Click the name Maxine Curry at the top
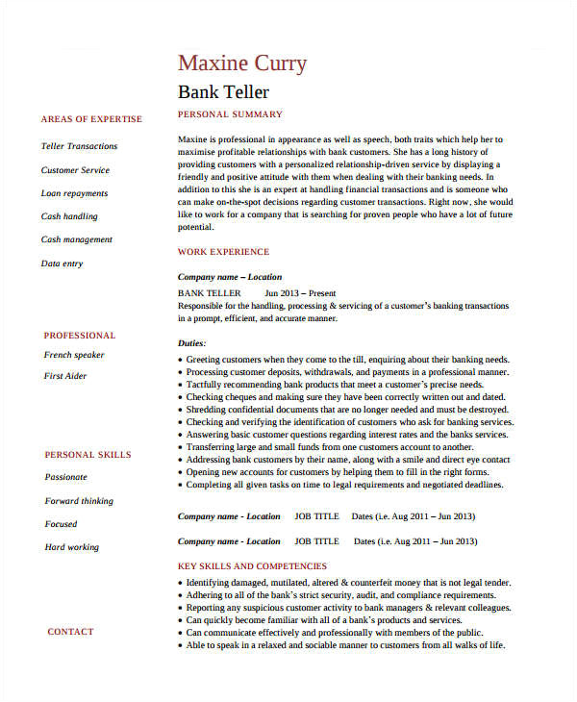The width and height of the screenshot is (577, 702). [242, 63]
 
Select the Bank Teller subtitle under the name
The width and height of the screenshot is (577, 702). [223, 92]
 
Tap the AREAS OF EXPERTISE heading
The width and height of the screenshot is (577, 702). [91, 119]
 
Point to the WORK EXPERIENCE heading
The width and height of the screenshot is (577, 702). [223, 252]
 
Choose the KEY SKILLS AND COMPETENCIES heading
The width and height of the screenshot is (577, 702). [252, 566]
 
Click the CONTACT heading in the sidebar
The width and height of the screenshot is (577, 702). [70, 632]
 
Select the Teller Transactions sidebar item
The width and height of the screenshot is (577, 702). [79, 146]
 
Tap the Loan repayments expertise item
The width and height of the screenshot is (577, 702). [74, 193]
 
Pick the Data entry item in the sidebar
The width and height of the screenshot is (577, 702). [62, 263]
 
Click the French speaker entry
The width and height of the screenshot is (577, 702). [74, 355]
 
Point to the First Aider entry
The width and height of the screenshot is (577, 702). [65, 376]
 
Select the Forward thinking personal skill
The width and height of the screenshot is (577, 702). [79, 501]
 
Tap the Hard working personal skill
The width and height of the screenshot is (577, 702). [71, 547]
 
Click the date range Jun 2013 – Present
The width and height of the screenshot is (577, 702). [301, 292]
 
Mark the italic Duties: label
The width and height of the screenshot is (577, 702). [192, 342]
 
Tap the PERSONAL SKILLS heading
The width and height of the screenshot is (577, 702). [88, 455]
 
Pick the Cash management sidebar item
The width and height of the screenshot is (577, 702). [76, 239]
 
